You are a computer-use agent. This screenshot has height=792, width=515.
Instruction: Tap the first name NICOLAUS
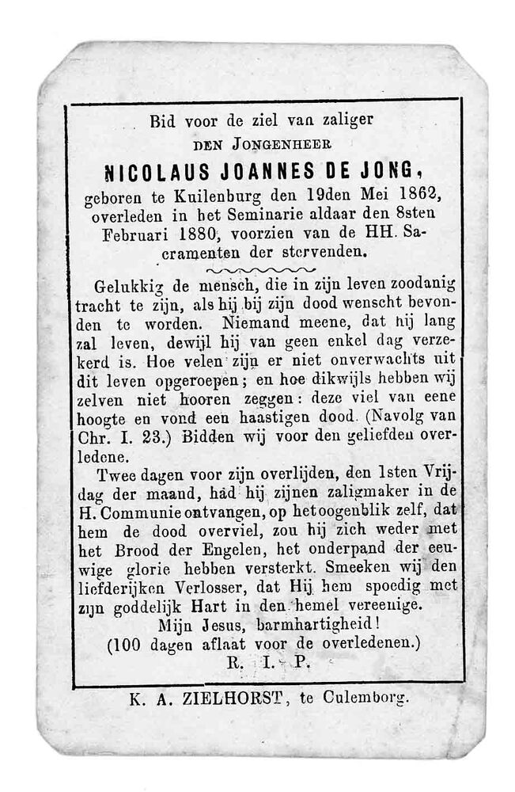pos(152,171)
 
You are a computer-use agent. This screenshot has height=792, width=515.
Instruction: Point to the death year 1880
pos(197,234)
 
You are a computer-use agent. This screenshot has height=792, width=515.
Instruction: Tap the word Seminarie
pos(272,215)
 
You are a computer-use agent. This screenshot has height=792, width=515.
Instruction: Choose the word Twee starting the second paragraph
pos(119,475)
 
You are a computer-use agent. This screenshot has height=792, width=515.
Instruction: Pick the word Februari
pos(135,234)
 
